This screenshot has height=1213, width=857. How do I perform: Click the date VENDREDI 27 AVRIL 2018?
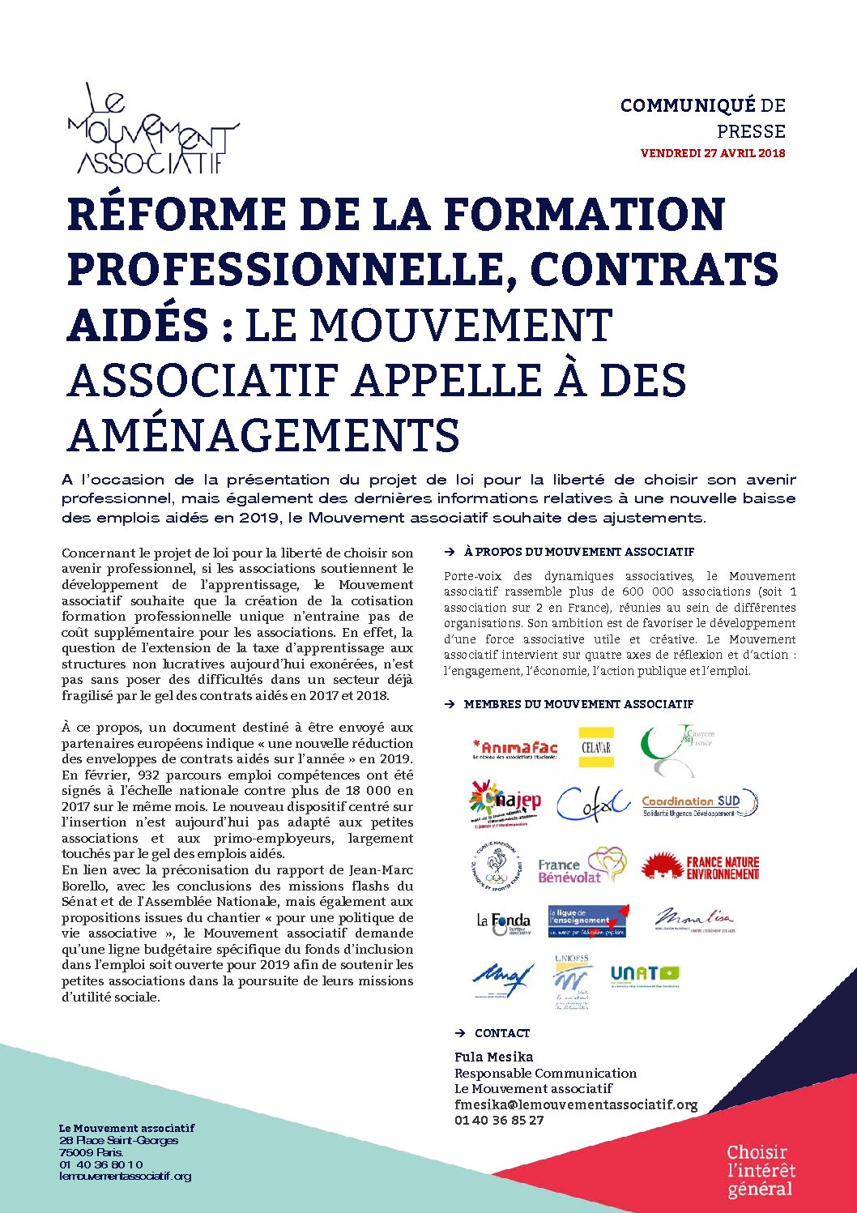pos(713,153)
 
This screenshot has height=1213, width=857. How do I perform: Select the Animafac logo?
pos(515,749)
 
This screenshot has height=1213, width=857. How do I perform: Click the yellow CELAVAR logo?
pos(596,747)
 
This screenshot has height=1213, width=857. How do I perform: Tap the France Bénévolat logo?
pos(582,867)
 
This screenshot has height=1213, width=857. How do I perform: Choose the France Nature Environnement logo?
pos(701,867)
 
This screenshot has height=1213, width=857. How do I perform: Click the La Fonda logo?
pos(503,922)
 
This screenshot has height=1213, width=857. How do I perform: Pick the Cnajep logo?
pos(505,802)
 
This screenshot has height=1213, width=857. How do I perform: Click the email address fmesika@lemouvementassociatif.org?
pos(576,1104)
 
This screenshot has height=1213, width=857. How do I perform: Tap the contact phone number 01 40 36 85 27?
pos(499,1120)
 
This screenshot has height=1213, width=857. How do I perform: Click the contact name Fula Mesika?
pos(493,1057)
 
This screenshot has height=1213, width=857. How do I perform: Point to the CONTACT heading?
pos(502,1033)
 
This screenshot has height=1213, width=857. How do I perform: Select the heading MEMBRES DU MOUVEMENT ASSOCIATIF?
pos(578,704)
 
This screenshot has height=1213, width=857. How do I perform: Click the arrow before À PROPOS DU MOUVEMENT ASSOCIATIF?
pos(450,552)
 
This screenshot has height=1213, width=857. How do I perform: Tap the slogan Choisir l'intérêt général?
pos(761,1170)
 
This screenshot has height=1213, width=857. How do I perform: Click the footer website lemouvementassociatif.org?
pos(126,1176)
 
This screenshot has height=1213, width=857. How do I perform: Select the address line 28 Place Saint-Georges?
pos(118,1140)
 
